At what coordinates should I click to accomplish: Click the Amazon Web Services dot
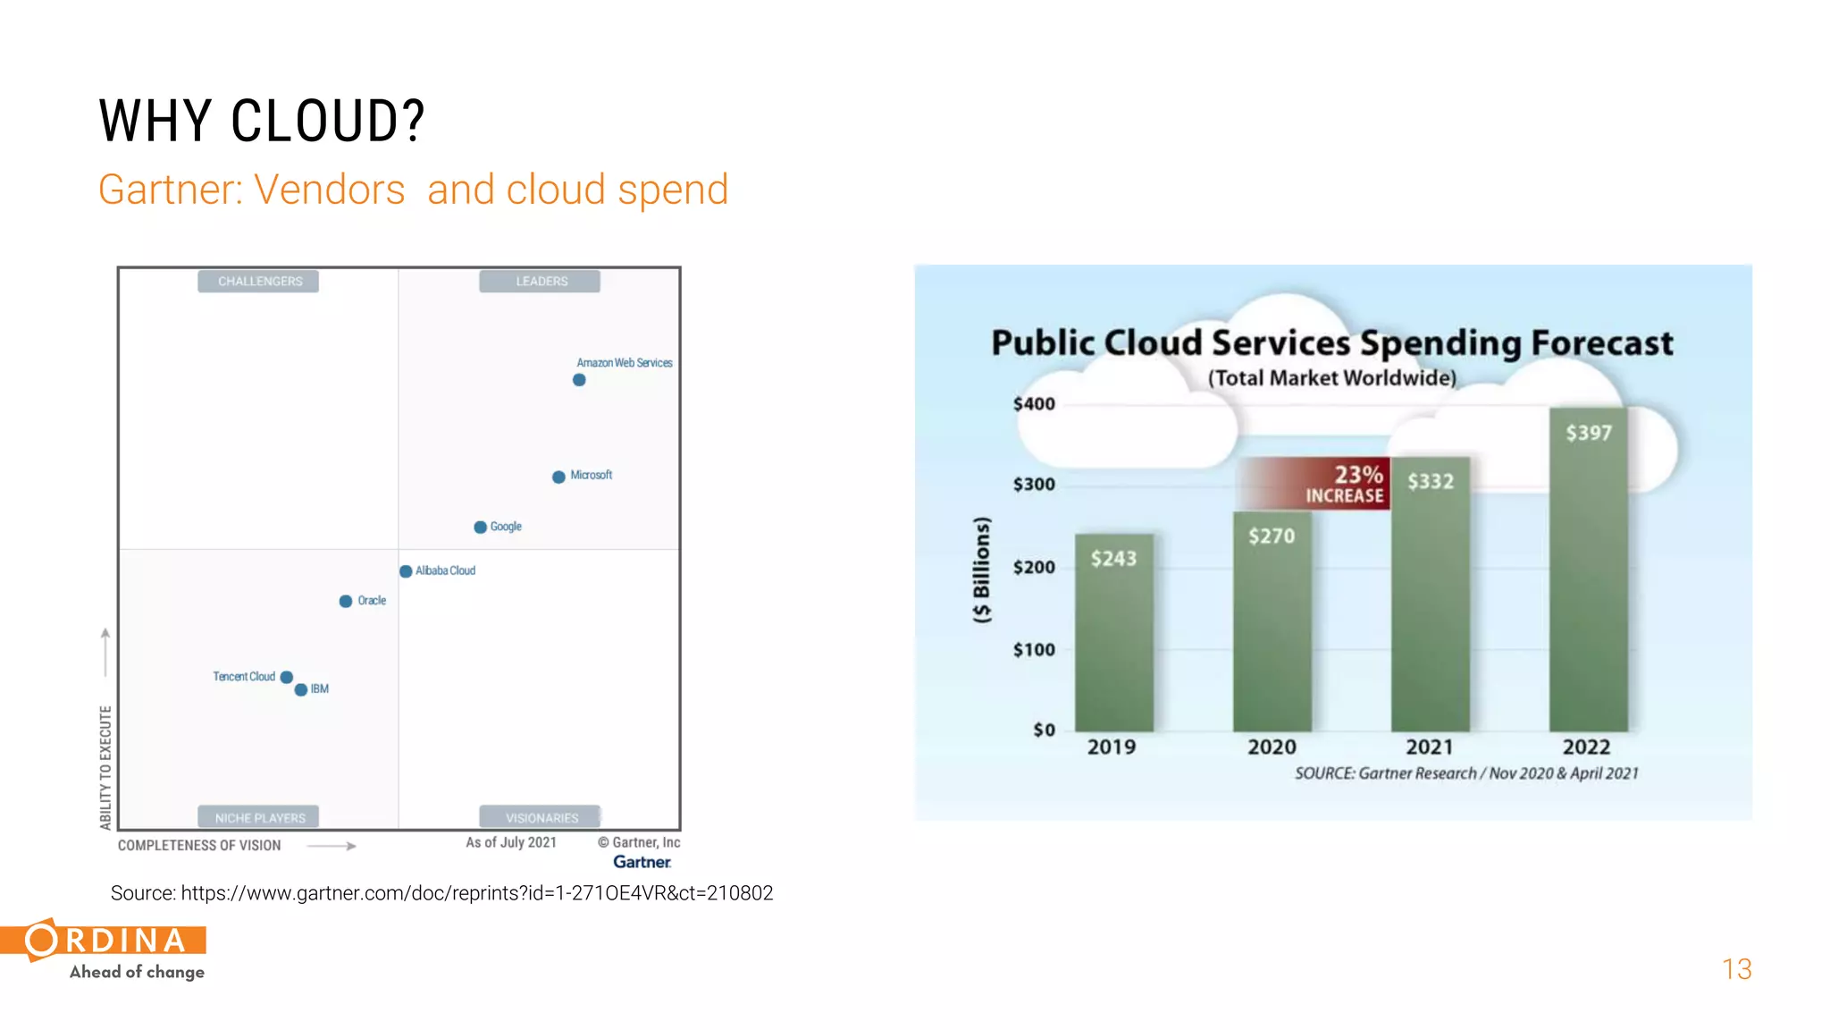(579, 380)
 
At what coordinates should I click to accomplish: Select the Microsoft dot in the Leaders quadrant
(558, 477)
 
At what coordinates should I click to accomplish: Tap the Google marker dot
(480, 528)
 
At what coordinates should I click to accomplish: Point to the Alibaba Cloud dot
(406, 571)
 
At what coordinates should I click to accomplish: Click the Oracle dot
(346, 602)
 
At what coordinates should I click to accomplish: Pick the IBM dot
(301, 689)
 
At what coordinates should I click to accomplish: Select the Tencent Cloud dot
(287, 677)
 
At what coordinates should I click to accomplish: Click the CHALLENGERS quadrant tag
(259, 282)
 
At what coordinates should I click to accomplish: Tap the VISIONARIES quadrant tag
(541, 817)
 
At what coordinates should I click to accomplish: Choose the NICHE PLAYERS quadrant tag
(259, 817)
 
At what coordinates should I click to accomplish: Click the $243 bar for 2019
(1113, 635)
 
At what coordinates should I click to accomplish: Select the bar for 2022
(1588, 572)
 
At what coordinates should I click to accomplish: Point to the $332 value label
(1431, 482)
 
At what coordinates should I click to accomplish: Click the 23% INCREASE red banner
(1322, 484)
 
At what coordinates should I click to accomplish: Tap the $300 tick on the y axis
(1034, 485)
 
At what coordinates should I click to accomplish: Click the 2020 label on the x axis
(1272, 747)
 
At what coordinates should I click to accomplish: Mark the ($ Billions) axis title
(982, 570)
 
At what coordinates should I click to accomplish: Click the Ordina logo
(107, 950)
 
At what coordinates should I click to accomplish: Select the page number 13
(1736, 969)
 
